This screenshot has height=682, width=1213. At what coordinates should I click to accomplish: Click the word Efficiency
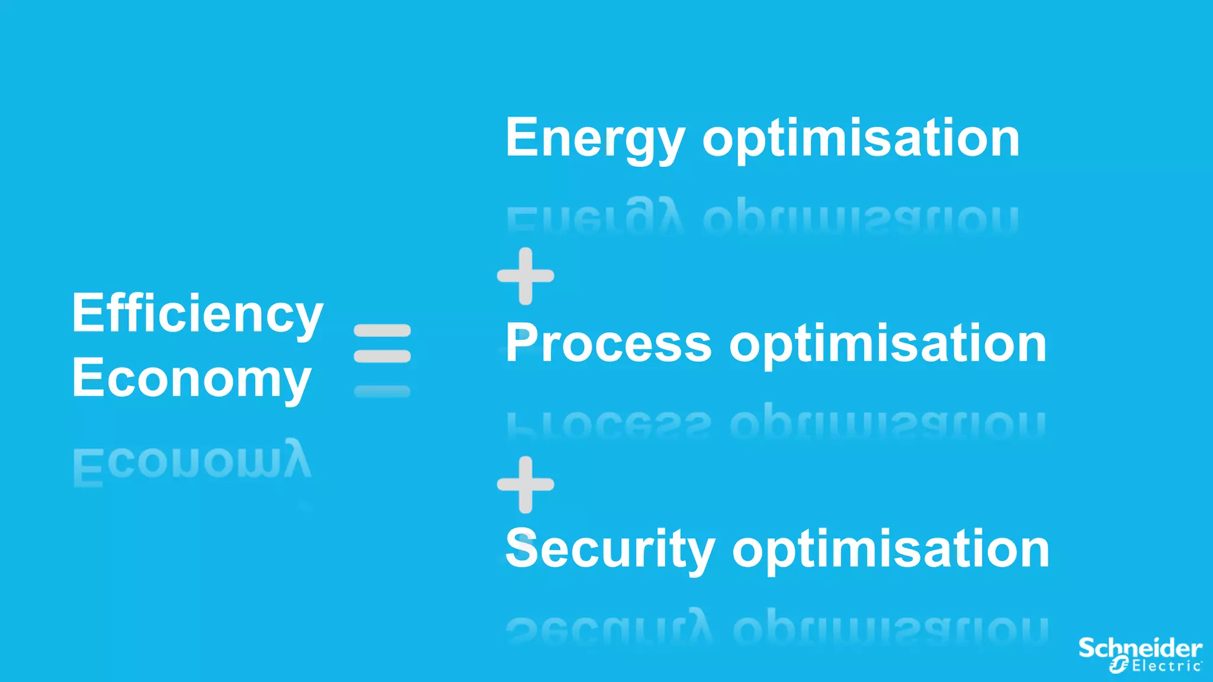click(197, 314)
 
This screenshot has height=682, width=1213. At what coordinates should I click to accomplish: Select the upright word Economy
click(191, 379)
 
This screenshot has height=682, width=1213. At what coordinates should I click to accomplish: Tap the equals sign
click(382, 343)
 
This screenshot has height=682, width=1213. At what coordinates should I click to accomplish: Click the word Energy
click(595, 139)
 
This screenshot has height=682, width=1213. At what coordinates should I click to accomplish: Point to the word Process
click(608, 344)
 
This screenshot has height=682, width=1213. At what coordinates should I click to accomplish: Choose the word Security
click(610, 549)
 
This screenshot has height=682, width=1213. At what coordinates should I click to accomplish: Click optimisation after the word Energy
click(861, 139)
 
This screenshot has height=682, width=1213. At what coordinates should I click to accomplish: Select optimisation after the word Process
click(887, 344)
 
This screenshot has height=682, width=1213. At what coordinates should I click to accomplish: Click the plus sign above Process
click(525, 276)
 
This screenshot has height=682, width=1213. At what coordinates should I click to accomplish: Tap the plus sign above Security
click(525, 484)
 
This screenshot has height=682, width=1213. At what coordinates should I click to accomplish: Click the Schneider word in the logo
click(1140, 648)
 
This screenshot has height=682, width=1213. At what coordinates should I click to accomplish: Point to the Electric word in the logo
click(1166, 666)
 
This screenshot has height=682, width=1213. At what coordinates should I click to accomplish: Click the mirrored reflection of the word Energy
click(595, 218)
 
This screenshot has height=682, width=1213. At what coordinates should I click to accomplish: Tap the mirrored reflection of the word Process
click(608, 423)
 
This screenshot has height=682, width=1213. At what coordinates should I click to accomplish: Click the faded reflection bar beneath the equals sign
click(382, 391)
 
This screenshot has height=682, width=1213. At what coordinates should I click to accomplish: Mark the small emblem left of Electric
click(1119, 665)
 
